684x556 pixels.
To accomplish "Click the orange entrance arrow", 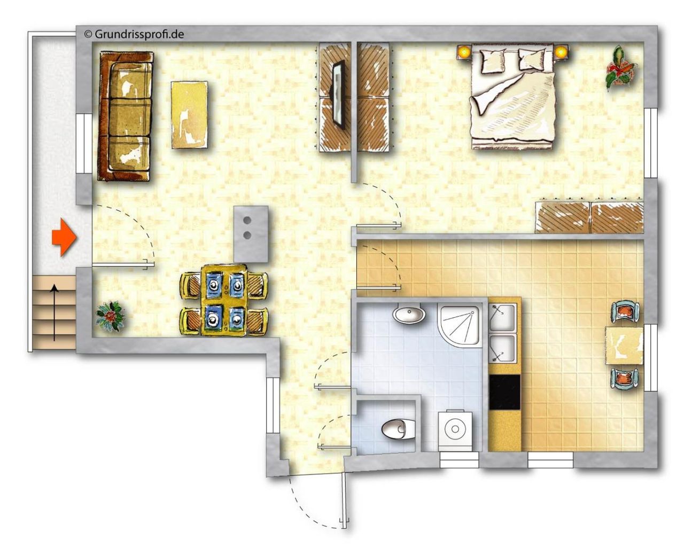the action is [64, 237].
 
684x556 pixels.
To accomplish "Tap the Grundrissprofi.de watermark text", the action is [134, 34].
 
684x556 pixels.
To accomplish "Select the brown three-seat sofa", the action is [126, 116].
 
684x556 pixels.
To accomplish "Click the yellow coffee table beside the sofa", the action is [189, 115].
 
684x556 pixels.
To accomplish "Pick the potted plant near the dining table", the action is [110, 316].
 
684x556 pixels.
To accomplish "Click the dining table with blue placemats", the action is [224, 300].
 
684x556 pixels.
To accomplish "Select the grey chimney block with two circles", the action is [251, 234].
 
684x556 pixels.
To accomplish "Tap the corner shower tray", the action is [460, 325].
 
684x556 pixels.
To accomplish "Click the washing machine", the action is [455, 429].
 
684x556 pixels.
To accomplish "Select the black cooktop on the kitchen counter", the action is [504, 392].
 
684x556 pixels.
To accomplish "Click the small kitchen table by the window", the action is [624, 346].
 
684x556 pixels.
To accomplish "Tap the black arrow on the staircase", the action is [55, 312].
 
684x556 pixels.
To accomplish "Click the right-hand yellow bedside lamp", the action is [561, 51].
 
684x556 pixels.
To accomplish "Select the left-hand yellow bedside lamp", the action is [464, 51].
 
